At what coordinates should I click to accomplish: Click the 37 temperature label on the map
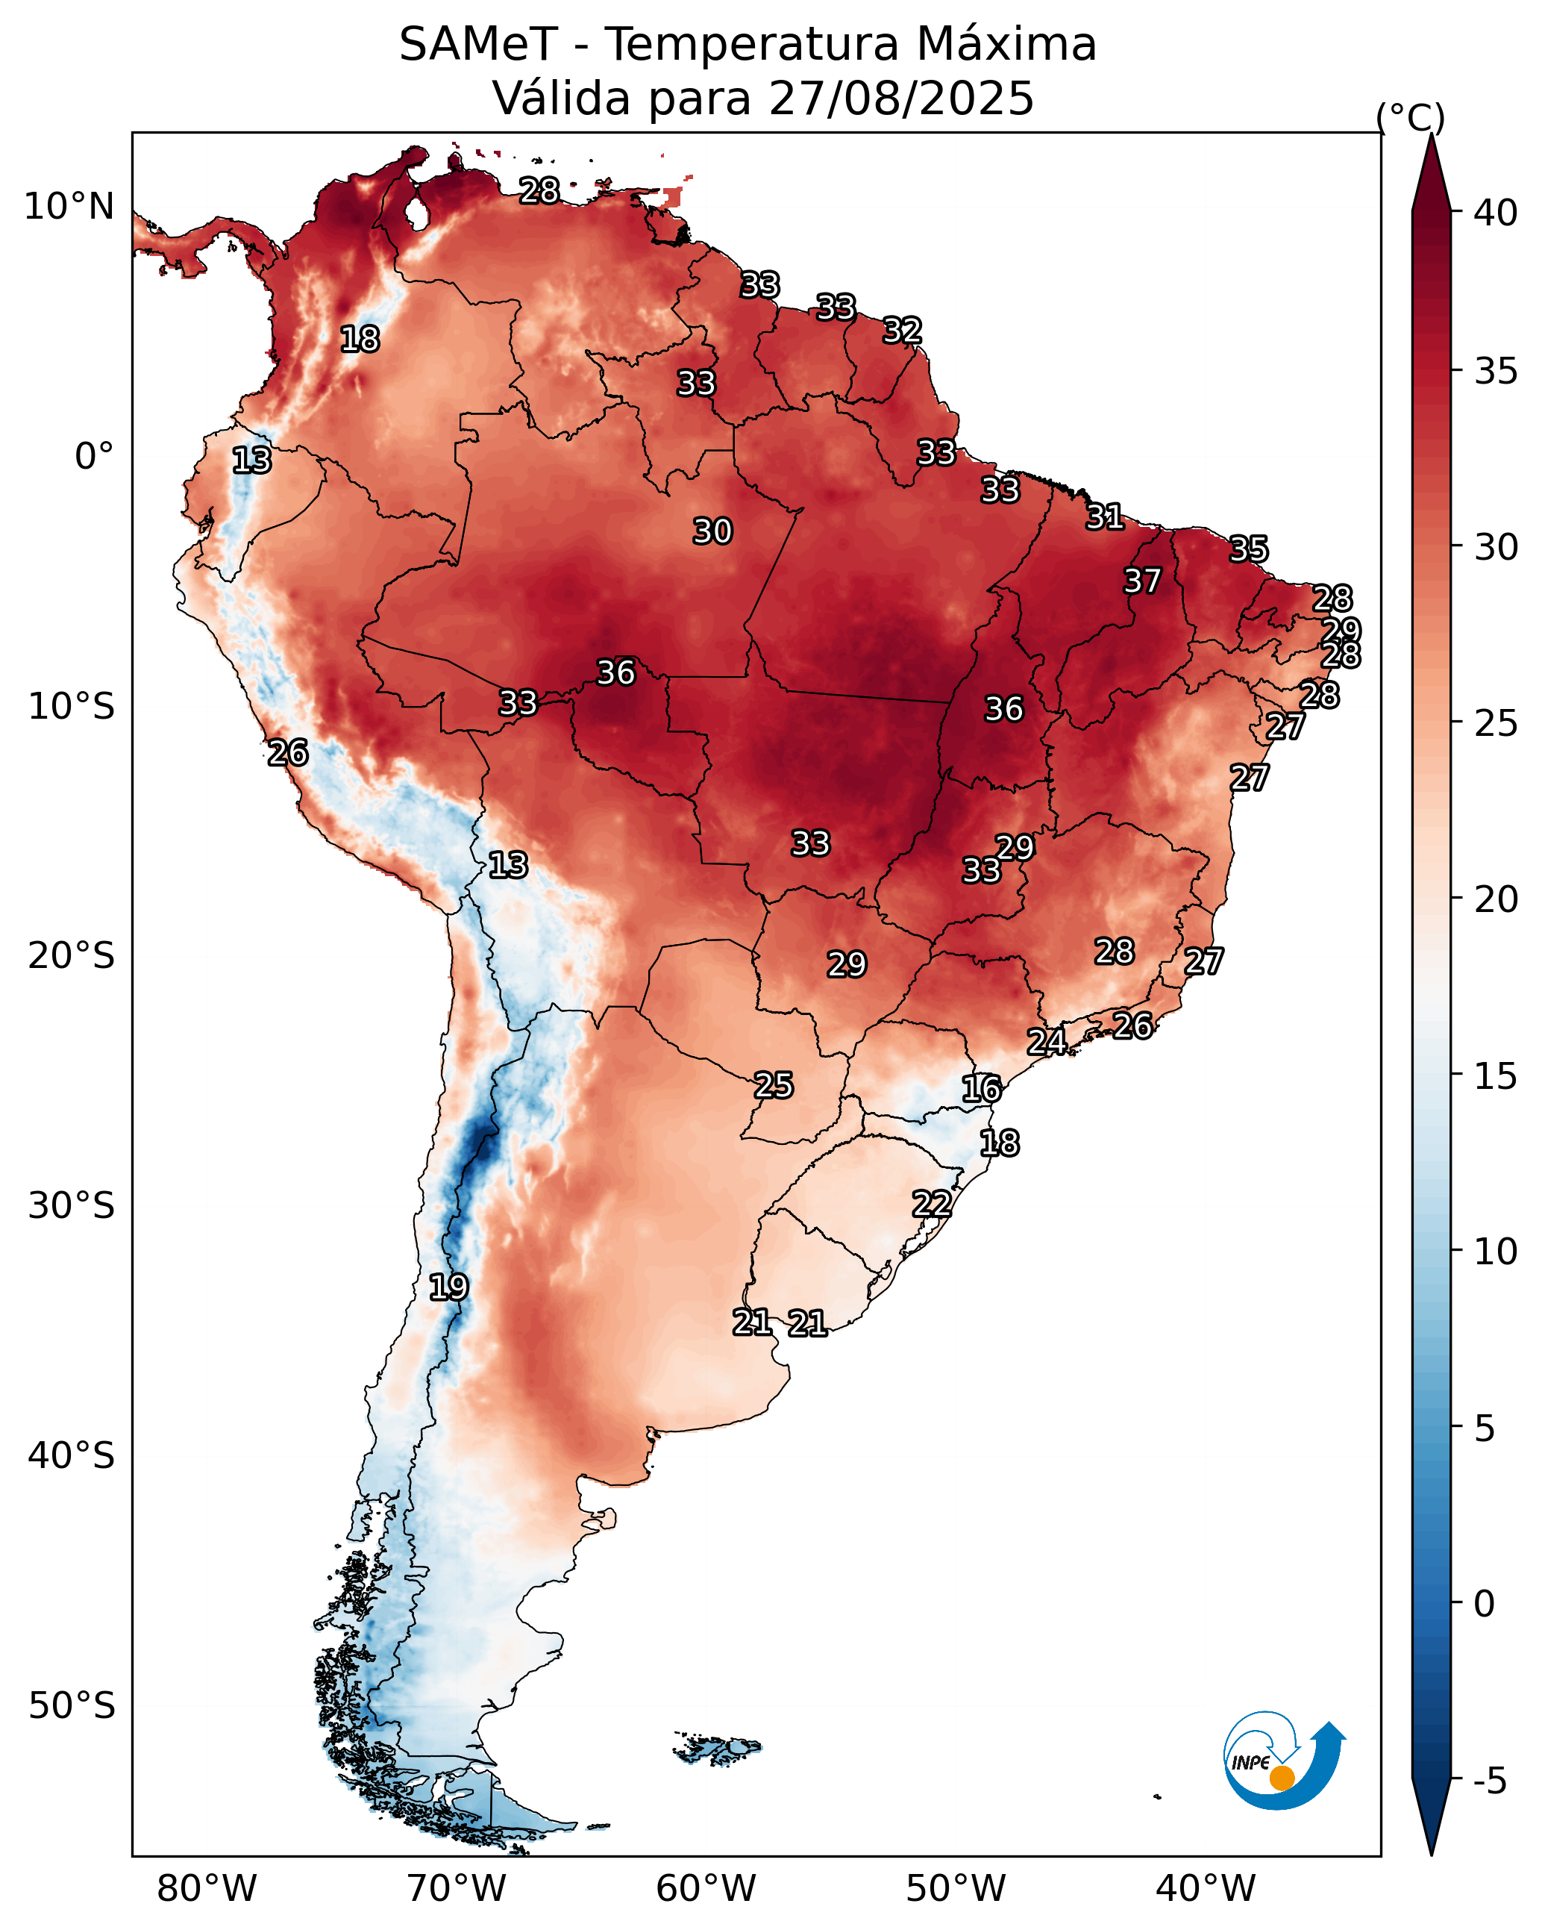point(1142,581)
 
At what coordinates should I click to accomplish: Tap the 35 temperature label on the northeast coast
point(1249,549)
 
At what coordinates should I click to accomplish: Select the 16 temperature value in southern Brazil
point(982,1089)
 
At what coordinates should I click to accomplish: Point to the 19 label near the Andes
point(448,1287)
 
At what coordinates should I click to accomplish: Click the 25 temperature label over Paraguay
point(773,1085)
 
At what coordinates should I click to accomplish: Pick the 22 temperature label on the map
point(932,1203)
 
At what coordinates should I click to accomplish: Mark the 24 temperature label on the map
point(1046,1041)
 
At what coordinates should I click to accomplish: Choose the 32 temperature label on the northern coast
point(902,331)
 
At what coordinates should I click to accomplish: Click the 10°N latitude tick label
point(69,207)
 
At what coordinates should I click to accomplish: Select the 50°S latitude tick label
point(72,1706)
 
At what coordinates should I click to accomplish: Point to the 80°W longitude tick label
point(207,1889)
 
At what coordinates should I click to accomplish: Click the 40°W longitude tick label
point(1206,1889)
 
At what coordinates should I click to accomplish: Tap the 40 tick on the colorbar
point(1496,213)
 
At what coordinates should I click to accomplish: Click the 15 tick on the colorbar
point(1496,1076)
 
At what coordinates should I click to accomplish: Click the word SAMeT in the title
point(479,44)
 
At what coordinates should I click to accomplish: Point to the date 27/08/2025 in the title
point(901,98)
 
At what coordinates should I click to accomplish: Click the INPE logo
point(1285,1761)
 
